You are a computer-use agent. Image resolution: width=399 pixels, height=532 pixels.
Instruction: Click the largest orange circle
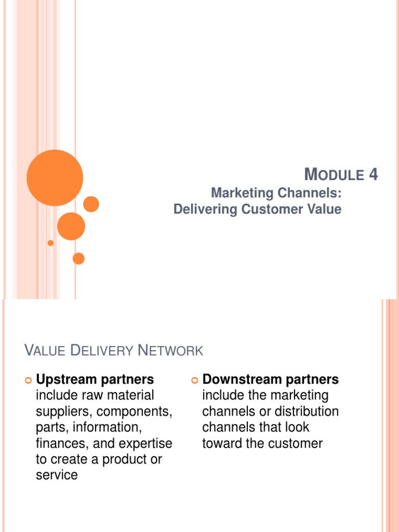(55, 178)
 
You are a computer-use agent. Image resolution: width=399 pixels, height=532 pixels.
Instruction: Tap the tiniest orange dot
(50, 243)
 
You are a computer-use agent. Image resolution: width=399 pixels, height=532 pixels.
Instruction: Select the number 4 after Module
(374, 175)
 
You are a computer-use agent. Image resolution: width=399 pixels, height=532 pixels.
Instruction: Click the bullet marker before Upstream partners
(29, 381)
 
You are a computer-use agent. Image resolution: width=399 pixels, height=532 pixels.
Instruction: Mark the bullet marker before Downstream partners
(195, 381)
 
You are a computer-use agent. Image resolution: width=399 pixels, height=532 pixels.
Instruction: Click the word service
(57, 475)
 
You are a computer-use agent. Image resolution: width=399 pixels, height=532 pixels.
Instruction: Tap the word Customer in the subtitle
(284, 209)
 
